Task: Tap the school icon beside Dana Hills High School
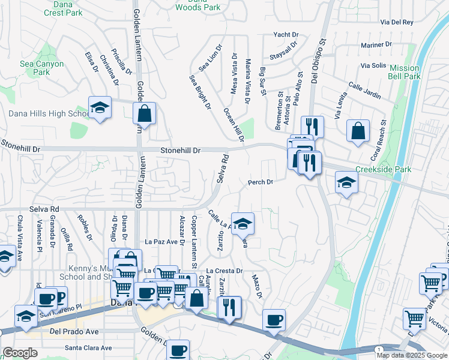click(x=100, y=108)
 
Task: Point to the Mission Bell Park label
click(x=404, y=73)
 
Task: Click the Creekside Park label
click(x=384, y=170)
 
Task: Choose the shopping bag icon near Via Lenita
click(x=358, y=132)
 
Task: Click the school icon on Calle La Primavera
click(x=242, y=224)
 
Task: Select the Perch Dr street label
click(x=261, y=182)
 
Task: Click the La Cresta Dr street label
click(x=224, y=271)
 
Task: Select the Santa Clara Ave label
click(x=88, y=348)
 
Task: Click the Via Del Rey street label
click(x=397, y=22)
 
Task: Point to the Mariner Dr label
click(x=376, y=44)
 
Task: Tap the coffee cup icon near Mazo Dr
click(x=274, y=320)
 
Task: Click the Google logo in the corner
click(x=20, y=353)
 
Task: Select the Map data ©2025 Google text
click(x=411, y=355)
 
